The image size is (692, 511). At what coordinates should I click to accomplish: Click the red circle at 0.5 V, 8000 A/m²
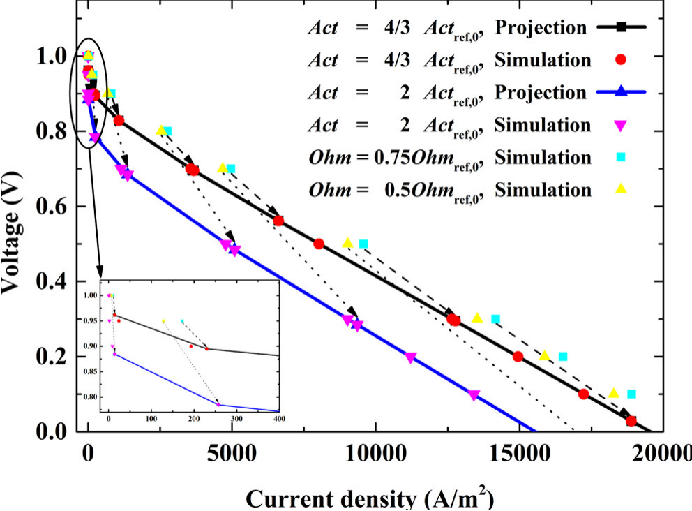point(319,244)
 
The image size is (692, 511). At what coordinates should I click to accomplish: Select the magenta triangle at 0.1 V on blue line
point(474,395)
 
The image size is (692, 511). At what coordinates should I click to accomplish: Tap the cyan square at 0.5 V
point(363,244)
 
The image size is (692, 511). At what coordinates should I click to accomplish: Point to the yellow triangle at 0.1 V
point(614,393)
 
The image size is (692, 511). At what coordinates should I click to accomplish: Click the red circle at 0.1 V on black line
point(584,394)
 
